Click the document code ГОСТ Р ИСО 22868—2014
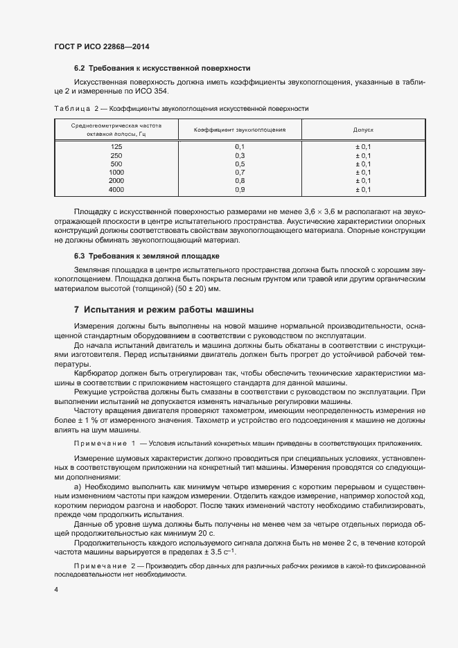pyautogui.click(x=102, y=46)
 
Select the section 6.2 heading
pyautogui.click(x=161, y=69)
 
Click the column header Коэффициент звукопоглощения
pyautogui.click(x=238, y=130)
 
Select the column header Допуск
pyautogui.click(x=364, y=130)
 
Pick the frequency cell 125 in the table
pyautogui.click(x=116, y=147)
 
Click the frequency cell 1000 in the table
pyautogui.click(x=116, y=172)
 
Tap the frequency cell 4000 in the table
pyautogui.click(x=116, y=189)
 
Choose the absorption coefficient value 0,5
pyautogui.click(x=240, y=164)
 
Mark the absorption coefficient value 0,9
pyautogui.click(x=240, y=189)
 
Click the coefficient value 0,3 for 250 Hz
pyautogui.click(x=240, y=155)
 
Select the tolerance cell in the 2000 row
pyautogui.click(x=364, y=180)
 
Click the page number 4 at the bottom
pyautogui.click(x=56, y=590)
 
